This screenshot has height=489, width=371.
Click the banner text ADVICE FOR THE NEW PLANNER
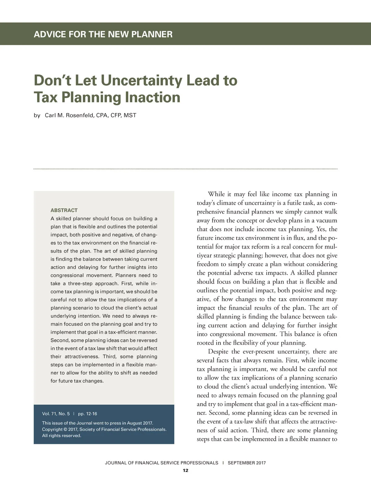(103, 34)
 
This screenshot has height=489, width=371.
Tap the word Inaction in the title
(152, 97)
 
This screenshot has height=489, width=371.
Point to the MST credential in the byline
(130, 116)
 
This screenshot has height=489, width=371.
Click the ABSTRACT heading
(64, 210)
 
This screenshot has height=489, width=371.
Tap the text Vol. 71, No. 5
(56, 414)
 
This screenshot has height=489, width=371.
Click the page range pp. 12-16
(87, 414)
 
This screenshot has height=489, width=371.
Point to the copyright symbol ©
(65, 429)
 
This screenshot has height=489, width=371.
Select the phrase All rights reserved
(62, 436)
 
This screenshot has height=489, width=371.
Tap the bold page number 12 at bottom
(185, 471)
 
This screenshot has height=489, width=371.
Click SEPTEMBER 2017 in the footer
(246, 463)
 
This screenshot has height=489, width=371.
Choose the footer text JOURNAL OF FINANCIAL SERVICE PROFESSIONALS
(161, 463)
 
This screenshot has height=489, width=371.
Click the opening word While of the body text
(216, 194)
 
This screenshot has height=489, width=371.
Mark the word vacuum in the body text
(326, 221)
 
